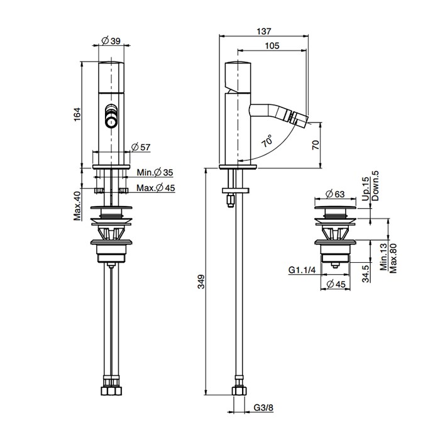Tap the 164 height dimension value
point(77,114)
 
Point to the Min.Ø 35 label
point(155,172)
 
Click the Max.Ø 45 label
point(155,188)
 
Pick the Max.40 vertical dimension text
point(77,206)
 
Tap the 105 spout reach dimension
point(272,45)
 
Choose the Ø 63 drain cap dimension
point(336,194)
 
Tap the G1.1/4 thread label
point(302,270)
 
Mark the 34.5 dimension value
point(366,274)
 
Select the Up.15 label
point(366,188)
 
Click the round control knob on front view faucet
point(111,120)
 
